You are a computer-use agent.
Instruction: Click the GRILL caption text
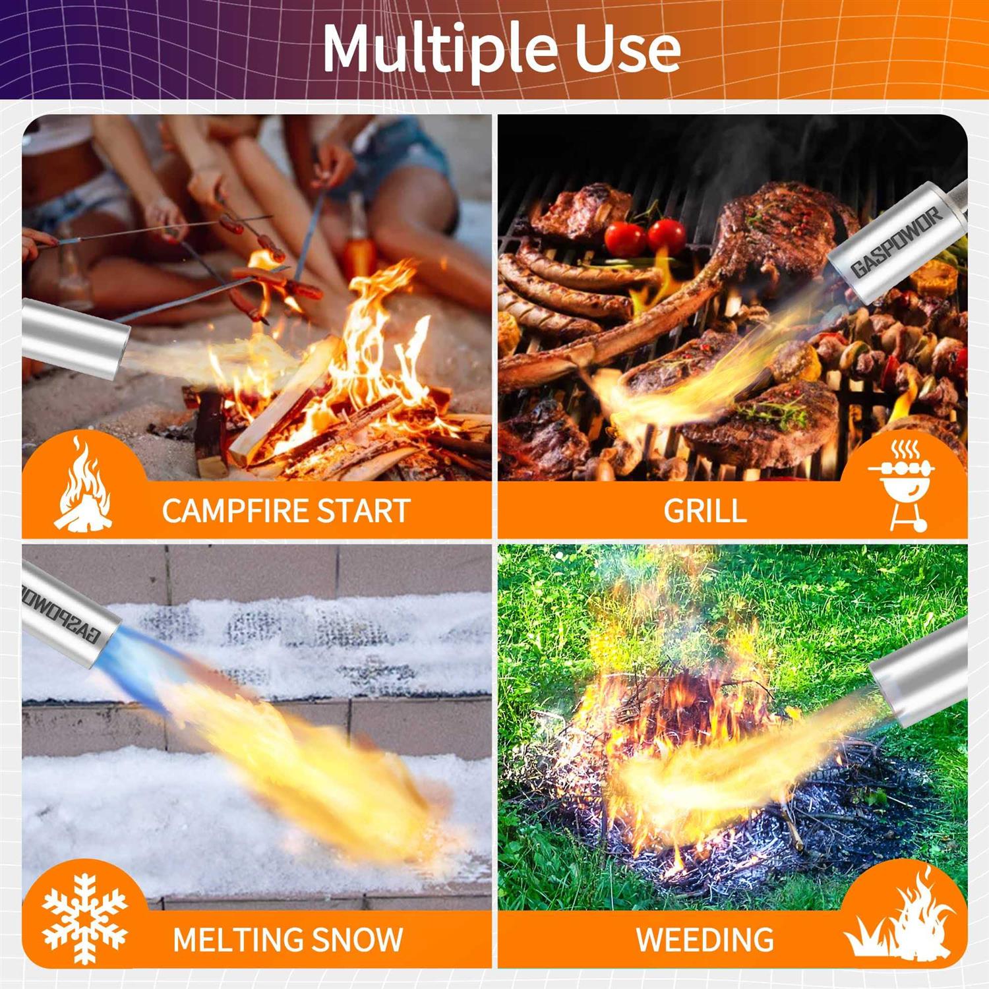705,511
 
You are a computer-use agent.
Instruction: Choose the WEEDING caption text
705,940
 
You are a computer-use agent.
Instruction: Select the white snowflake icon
84,918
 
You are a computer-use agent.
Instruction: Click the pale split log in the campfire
283,402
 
